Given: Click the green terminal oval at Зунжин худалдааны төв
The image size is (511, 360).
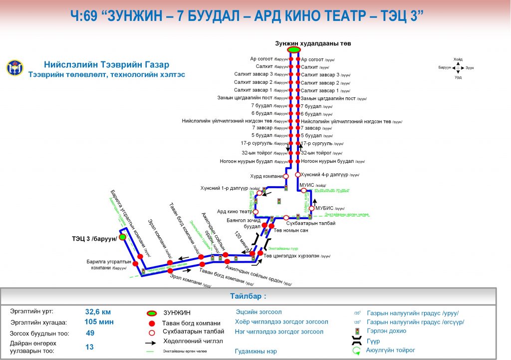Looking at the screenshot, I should point(293,49).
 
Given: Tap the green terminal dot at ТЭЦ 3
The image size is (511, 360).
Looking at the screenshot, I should point(122,237).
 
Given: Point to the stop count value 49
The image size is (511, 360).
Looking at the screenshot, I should point(90,333).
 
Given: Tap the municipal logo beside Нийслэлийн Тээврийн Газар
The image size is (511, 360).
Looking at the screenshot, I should point(14,67).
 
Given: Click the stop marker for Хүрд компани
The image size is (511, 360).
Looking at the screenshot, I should point(286,176).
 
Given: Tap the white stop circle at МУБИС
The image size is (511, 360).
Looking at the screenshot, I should point(312,208).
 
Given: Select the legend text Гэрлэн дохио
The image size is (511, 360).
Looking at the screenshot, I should point(386,331).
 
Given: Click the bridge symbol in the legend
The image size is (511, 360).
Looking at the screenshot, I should point(357,342).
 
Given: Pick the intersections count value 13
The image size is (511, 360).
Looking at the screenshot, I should point(90,347).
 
